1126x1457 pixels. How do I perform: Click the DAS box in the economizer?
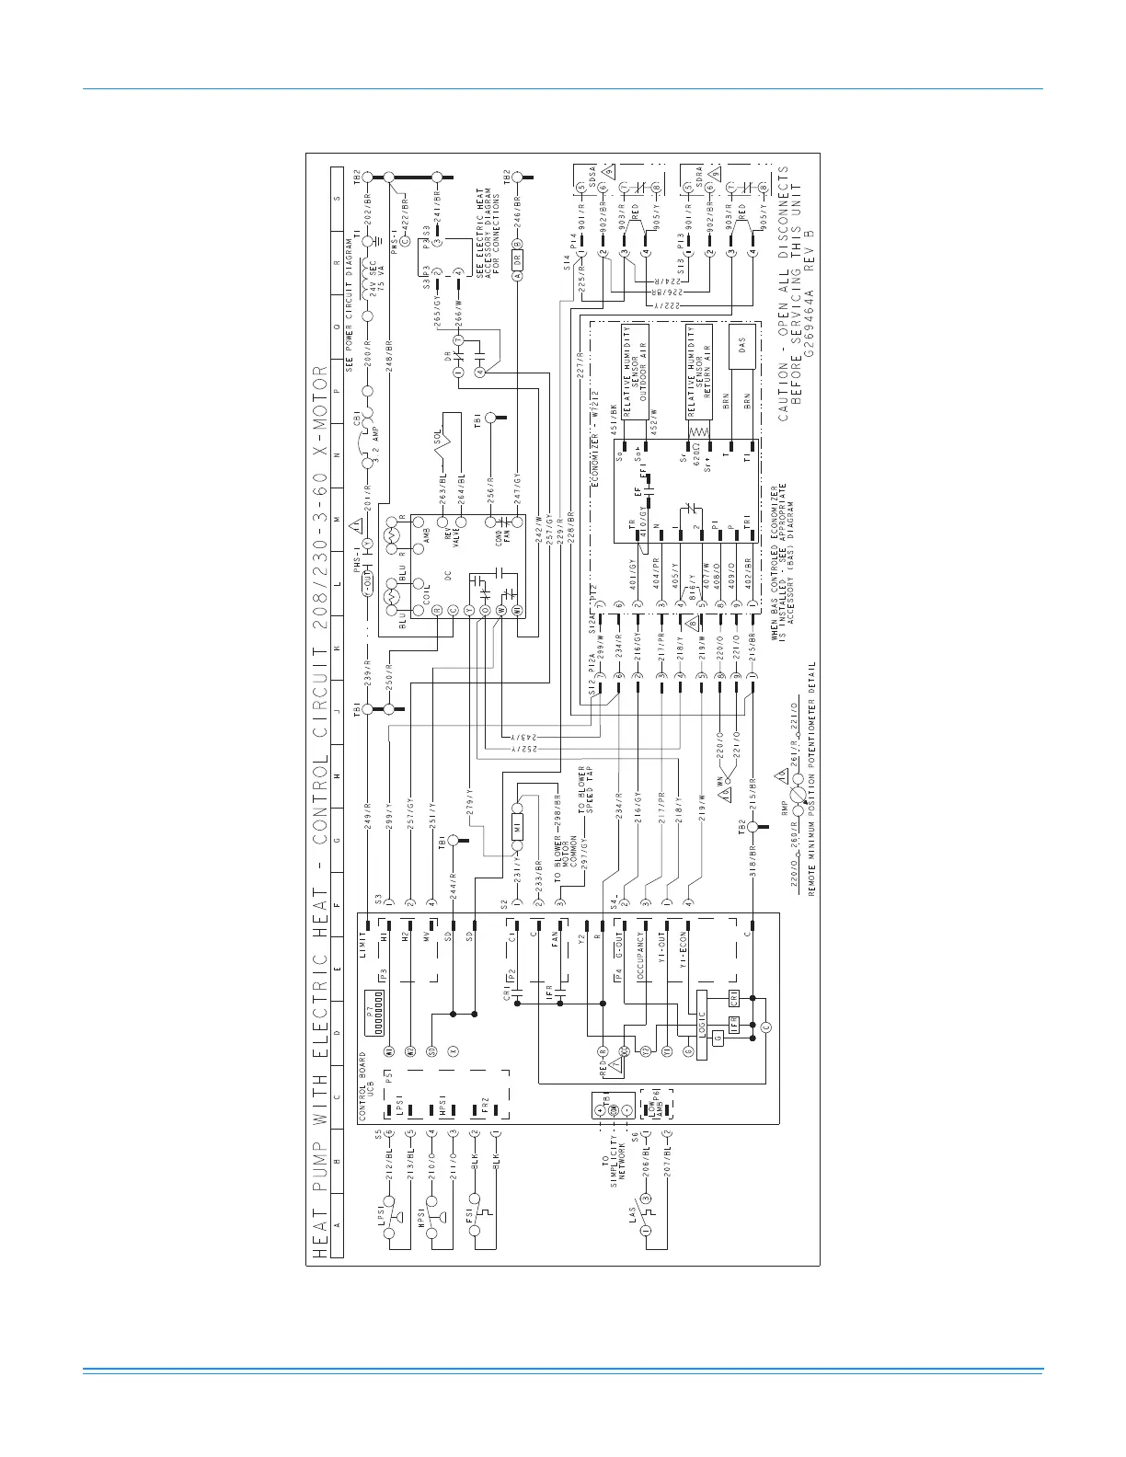click(x=742, y=346)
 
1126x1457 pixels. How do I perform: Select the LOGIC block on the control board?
click(x=701, y=1026)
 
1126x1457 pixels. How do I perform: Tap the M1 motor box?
click(x=517, y=827)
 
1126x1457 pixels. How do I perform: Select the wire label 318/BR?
click(x=753, y=858)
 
